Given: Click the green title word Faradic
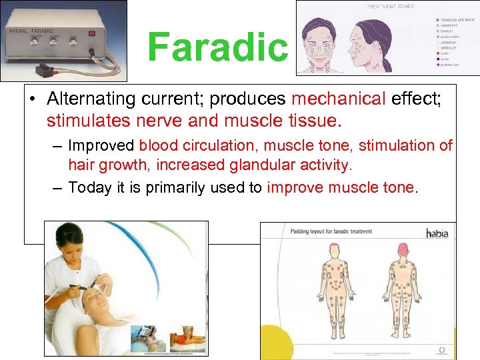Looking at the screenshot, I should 217,48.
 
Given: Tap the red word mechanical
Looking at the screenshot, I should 339,99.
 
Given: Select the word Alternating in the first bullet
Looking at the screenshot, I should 85,99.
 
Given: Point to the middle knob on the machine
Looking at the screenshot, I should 53,41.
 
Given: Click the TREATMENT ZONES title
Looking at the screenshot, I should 390,7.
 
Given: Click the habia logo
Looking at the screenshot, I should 437,233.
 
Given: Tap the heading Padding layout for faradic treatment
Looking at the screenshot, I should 331,232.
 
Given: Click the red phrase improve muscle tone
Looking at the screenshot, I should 340,188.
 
